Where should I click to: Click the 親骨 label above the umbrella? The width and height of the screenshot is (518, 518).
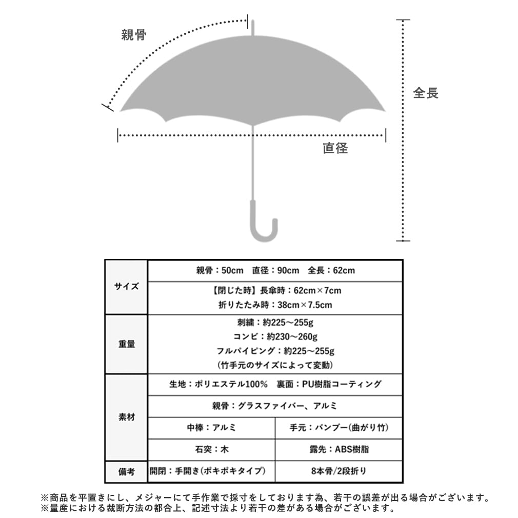pyautogui.click(x=134, y=35)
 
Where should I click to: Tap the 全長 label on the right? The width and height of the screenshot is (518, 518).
pyautogui.click(x=426, y=93)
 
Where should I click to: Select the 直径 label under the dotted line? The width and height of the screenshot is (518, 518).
pyautogui.click(x=335, y=149)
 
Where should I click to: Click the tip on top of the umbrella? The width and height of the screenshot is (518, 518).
pyautogui.click(x=252, y=27)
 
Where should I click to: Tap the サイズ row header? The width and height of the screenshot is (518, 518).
pyautogui.click(x=126, y=287)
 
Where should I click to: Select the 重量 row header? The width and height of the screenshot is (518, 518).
pyautogui.click(x=126, y=344)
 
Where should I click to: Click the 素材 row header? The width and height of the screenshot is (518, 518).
pyautogui.click(x=126, y=417)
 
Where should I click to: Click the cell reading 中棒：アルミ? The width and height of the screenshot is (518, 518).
pyautogui.click(x=211, y=428)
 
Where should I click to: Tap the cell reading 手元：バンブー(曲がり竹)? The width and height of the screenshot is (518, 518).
pyautogui.click(x=338, y=428)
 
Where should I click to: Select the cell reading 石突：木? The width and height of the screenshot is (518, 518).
pyautogui.click(x=211, y=450)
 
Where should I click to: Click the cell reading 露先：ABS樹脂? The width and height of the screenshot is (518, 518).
pyautogui.click(x=338, y=450)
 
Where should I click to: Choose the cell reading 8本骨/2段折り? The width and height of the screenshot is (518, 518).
pyautogui.click(x=338, y=471)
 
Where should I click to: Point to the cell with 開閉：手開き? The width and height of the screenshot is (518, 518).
pyautogui.click(x=211, y=471)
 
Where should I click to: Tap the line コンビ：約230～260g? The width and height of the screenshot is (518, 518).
pyautogui.click(x=275, y=337)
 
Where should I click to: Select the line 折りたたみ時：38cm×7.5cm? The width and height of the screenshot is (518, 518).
pyautogui.click(x=275, y=305)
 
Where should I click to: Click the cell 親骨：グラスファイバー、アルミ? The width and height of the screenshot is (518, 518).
pyautogui.click(x=275, y=406)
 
